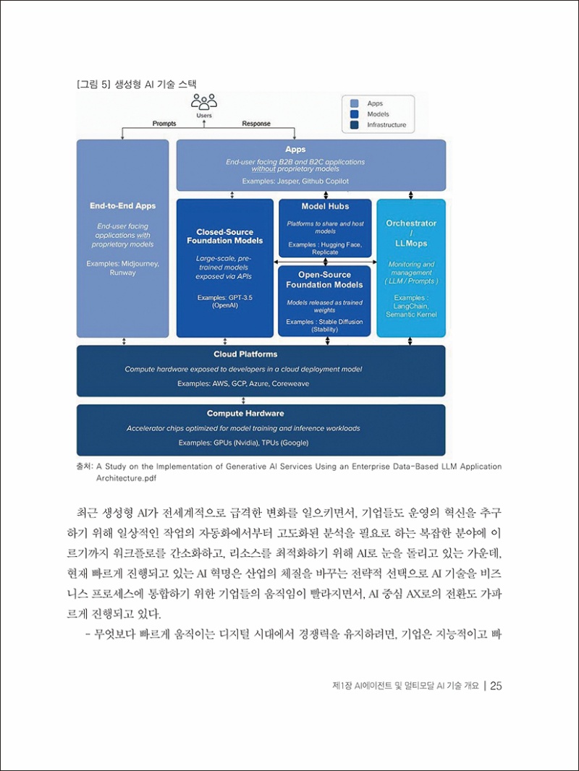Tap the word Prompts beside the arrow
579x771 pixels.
point(164,124)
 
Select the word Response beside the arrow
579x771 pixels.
point(256,124)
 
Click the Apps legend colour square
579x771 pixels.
point(355,103)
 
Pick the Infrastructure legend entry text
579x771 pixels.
point(386,125)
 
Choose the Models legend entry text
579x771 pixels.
point(378,114)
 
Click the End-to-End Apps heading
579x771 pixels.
point(123,206)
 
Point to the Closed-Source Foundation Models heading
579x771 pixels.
point(224,236)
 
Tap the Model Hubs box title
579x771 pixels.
point(325,207)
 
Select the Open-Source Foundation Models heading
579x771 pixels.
point(325,280)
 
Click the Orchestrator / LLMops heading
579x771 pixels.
point(411,234)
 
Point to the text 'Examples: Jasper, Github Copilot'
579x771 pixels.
point(295,181)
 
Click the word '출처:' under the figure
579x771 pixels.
point(83,467)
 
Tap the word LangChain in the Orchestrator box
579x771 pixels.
point(411,306)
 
